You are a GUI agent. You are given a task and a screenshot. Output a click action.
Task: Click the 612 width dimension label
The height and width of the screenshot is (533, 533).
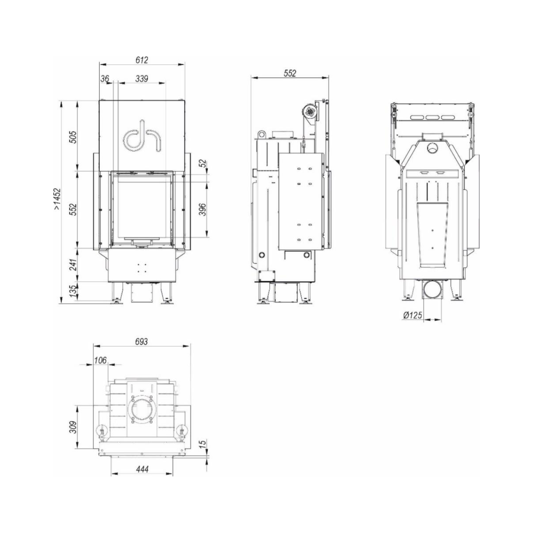142,60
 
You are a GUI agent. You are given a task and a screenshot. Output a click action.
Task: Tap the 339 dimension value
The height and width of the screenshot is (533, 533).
142,79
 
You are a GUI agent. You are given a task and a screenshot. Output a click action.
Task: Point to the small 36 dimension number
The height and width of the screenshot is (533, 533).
105,79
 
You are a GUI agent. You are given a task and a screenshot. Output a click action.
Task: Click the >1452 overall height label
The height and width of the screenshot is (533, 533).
57,199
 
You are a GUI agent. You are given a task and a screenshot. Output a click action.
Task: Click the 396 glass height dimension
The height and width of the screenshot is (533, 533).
203,210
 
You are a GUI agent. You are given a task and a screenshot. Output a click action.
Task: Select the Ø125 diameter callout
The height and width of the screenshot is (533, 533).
413,315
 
